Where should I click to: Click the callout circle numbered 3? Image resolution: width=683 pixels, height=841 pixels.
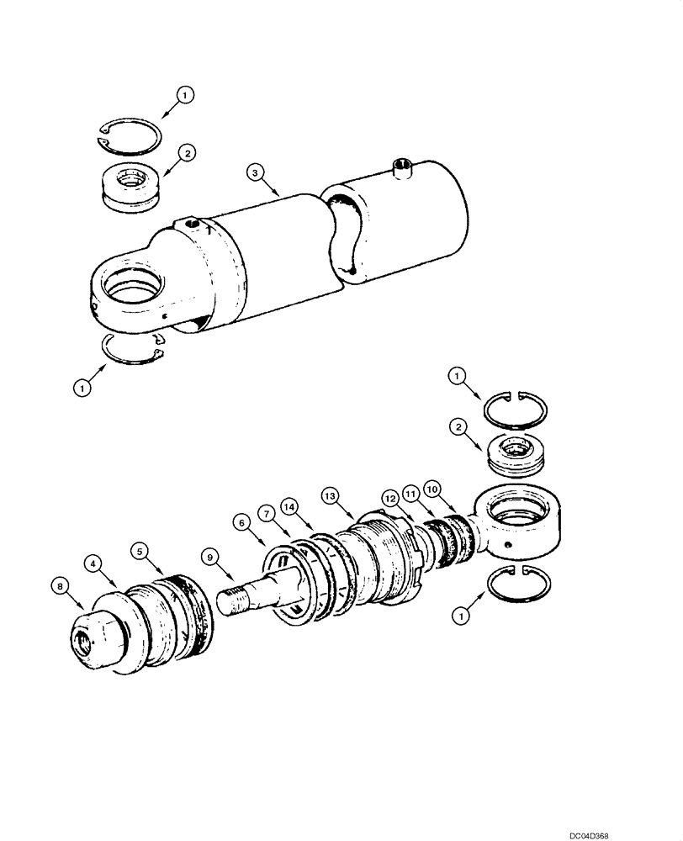(257, 173)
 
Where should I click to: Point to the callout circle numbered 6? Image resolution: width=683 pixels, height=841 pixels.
(243, 522)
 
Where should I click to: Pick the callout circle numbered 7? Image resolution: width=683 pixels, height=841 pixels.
(266, 512)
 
